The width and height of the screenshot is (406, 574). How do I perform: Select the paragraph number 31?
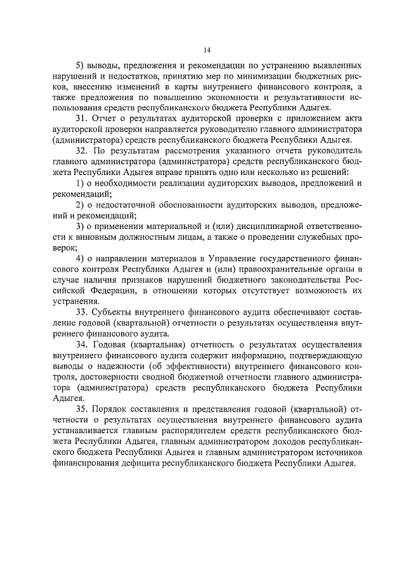[81, 119]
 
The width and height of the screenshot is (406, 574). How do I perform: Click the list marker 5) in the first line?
[80, 65]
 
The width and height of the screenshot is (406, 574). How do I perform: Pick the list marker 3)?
[80, 226]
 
